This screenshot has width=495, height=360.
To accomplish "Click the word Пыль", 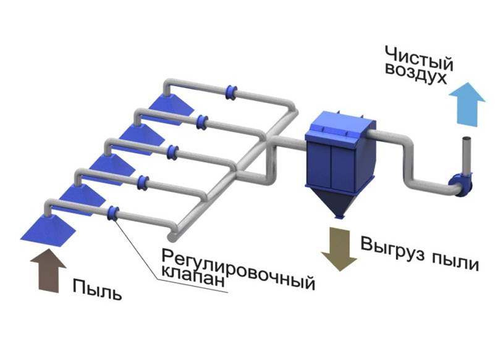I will click(x=98, y=288).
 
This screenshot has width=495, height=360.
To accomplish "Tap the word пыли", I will click(x=456, y=262).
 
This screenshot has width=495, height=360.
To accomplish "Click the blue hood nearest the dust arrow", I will click(x=48, y=228).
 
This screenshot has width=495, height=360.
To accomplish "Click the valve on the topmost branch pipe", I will click(x=232, y=91).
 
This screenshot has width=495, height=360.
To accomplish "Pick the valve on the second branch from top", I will click(x=201, y=122).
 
